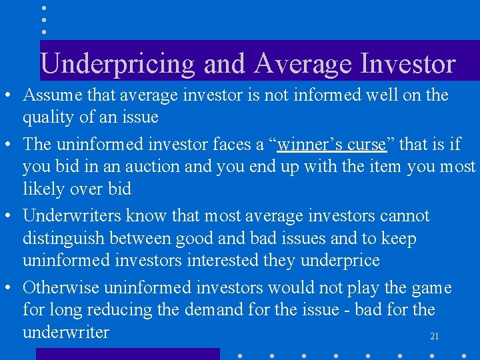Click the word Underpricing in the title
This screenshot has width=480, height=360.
coord(117,64)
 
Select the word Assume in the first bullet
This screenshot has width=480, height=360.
coord(51,95)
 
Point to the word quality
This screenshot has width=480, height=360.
coord(48,118)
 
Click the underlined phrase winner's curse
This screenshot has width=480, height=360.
coord(331,144)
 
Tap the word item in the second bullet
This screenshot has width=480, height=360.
coord(385,167)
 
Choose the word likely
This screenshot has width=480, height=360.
coord(43,189)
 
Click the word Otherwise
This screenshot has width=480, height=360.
coord(61,288)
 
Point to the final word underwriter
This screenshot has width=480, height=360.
coord(66,333)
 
